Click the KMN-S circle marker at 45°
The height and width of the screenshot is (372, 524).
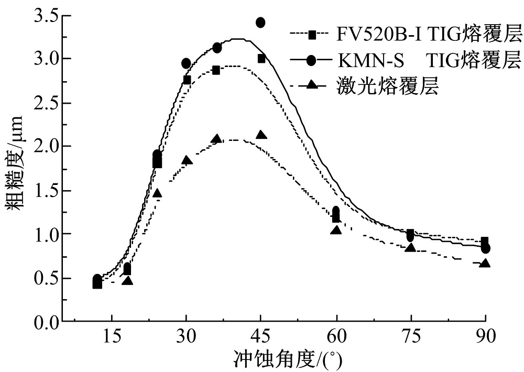[x=260, y=22]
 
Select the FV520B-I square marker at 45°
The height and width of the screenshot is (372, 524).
[x=261, y=58]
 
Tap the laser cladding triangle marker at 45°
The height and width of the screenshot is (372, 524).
[x=261, y=135]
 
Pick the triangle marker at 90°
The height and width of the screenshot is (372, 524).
[x=485, y=262]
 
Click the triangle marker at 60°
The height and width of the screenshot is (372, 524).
[x=336, y=229]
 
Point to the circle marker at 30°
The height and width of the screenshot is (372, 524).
[x=186, y=63]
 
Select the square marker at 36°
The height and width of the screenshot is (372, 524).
[x=216, y=70]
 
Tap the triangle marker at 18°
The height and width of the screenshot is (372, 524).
[x=127, y=281]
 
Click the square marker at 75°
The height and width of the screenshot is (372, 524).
[x=410, y=233]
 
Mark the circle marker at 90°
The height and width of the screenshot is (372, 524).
[x=485, y=248]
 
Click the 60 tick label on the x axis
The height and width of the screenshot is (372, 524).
[x=336, y=336]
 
